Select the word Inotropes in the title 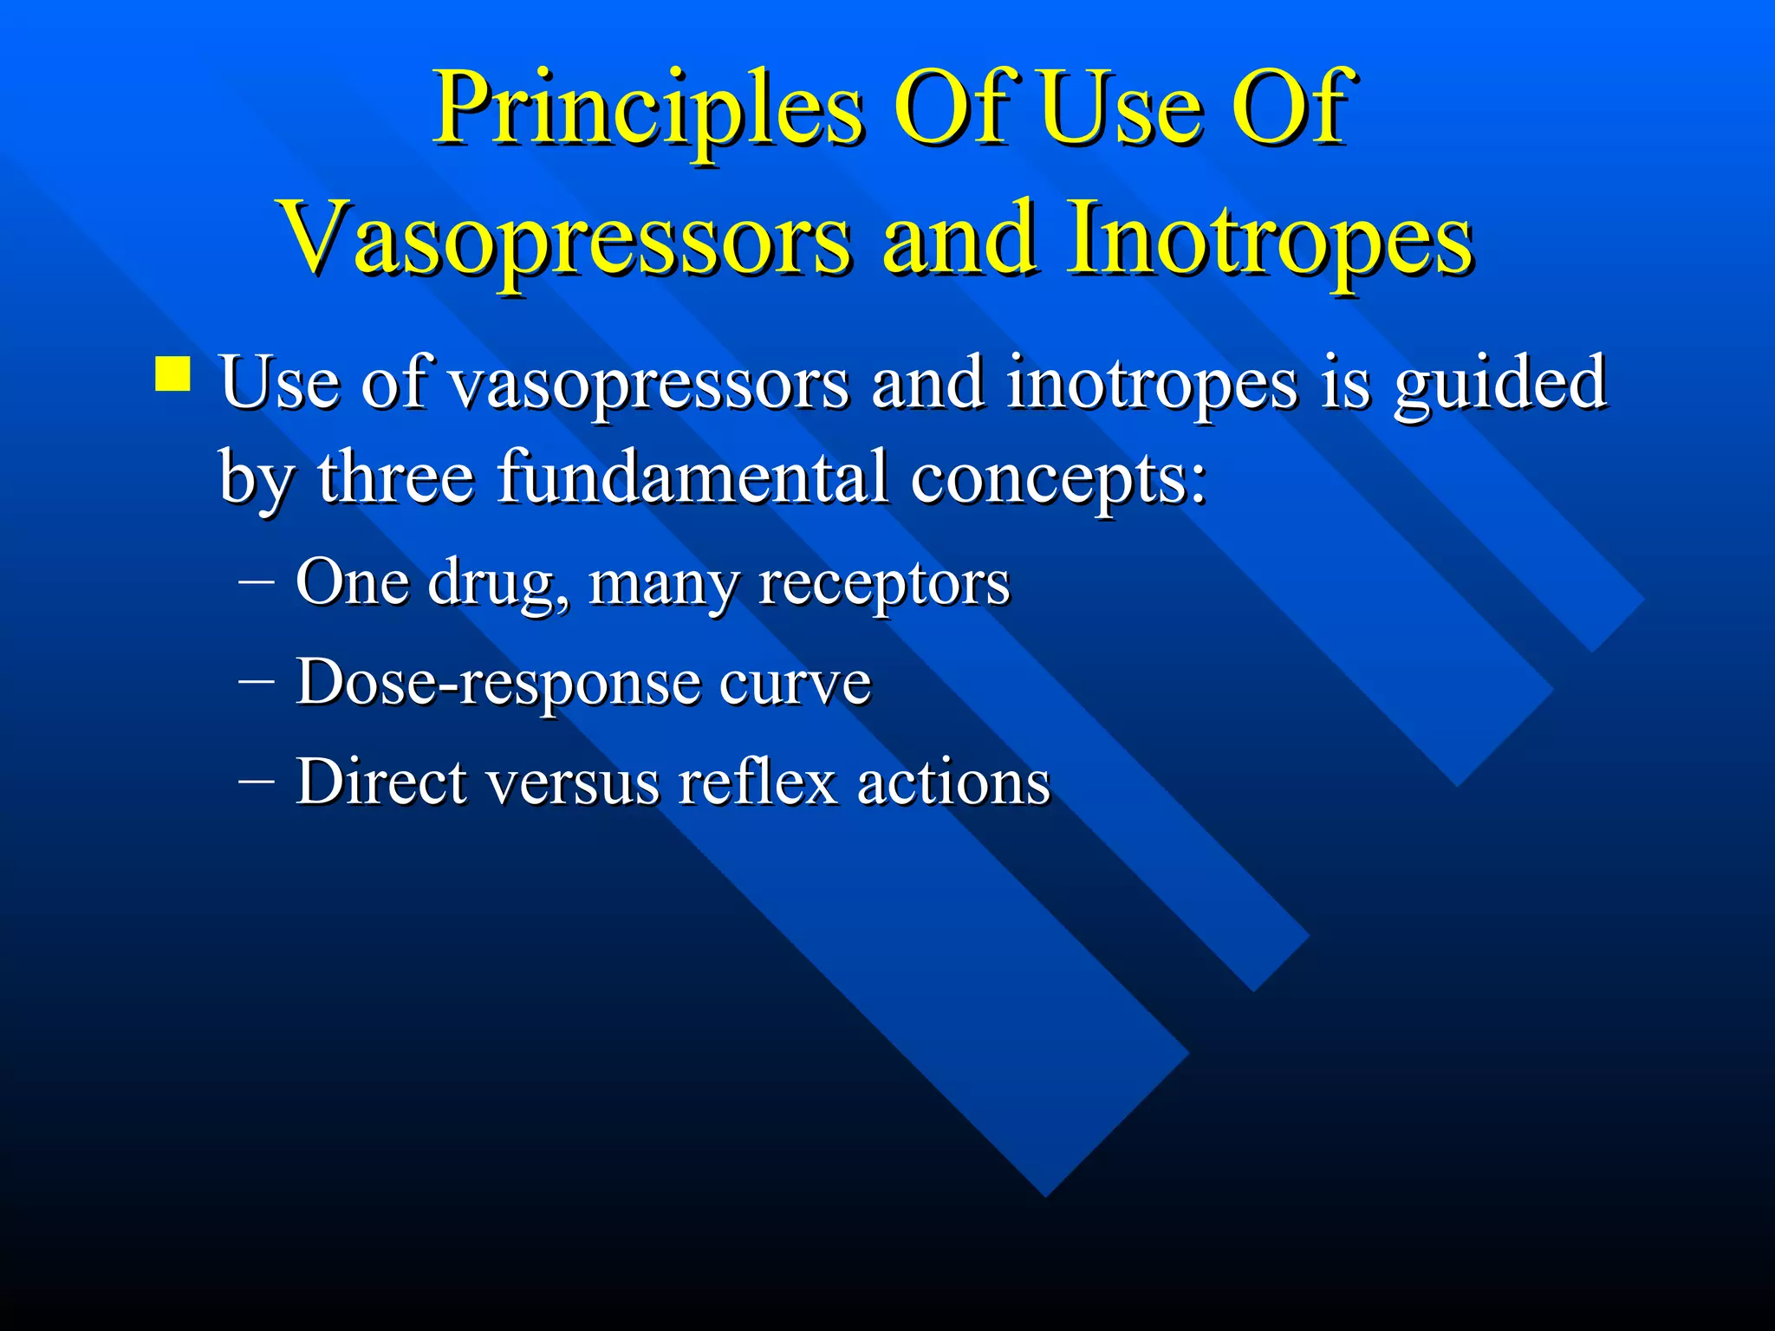tap(1270, 238)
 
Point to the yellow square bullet tap(172, 375)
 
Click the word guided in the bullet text tap(1500, 383)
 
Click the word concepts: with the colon tap(1058, 479)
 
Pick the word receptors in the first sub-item tap(884, 583)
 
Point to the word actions tap(953, 782)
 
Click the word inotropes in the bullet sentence tap(1152, 383)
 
